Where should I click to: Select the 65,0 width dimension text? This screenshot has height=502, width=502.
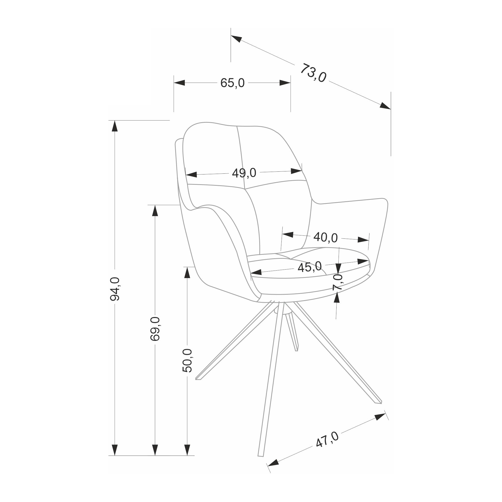pyautogui.click(x=233, y=83)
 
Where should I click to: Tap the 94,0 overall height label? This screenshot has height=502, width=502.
pyautogui.click(x=115, y=289)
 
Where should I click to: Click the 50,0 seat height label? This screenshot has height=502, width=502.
pyautogui.click(x=187, y=360)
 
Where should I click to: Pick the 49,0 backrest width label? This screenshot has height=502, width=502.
pyautogui.click(x=244, y=173)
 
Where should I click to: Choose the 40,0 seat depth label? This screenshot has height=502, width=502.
pyautogui.click(x=326, y=237)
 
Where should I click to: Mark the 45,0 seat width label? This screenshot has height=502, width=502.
pyautogui.click(x=310, y=267)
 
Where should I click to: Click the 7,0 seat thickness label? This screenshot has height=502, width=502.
pyautogui.click(x=338, y=282)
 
